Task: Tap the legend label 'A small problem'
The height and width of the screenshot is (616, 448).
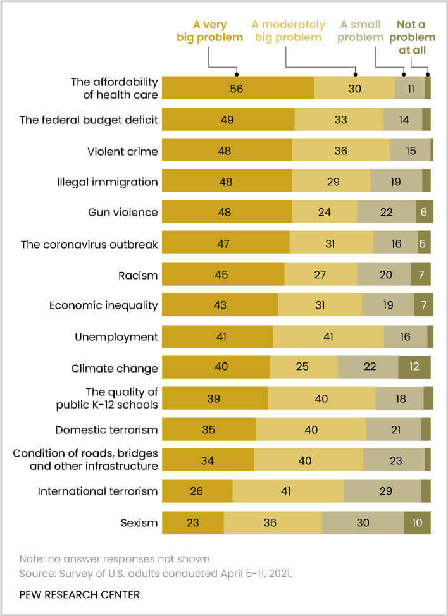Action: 361,31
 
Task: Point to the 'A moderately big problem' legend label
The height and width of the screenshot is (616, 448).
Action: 288,31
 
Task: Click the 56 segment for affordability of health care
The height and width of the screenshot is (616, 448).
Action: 237,88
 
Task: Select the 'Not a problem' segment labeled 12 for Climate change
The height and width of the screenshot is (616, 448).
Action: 414,367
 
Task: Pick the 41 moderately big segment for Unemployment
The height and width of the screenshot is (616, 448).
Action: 328,336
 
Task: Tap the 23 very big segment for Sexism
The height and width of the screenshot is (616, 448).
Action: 193,523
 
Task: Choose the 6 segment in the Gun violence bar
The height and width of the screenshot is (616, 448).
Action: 424,213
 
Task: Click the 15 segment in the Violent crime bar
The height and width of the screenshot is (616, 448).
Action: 409,150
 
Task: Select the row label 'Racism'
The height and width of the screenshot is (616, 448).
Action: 138,275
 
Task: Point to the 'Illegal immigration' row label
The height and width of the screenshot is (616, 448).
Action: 107,182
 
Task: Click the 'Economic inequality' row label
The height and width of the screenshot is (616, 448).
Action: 104,305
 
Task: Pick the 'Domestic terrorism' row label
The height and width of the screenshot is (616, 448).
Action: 106,430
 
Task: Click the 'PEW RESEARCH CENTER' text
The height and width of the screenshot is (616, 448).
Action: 79,594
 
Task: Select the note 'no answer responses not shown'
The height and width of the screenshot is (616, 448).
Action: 115,558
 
